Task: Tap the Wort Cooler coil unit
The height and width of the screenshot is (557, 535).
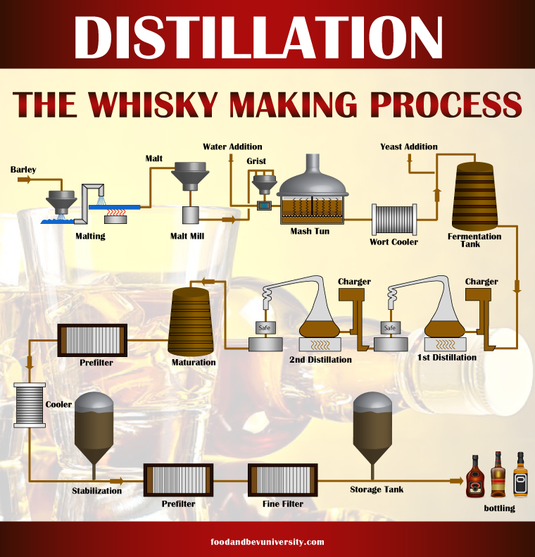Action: tap(394, 219)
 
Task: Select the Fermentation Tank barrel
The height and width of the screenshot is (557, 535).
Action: tap(474, 196)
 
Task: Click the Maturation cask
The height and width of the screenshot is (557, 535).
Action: tap(190, 322)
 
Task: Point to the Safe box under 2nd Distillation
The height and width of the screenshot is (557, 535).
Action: tap(265, 327)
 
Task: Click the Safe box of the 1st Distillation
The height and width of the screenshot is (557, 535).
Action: tap(390, 327)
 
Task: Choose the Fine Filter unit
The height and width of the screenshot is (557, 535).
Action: tap(282, 480)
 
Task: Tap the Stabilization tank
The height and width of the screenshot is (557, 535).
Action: tap(94, 430)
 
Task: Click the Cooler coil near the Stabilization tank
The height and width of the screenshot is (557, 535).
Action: tap(30, 405)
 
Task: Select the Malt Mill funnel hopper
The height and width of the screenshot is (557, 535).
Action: tap(190, 176)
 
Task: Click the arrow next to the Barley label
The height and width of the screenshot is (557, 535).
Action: tap(24, 180)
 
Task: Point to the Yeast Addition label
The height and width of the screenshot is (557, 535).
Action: tap(408, 146)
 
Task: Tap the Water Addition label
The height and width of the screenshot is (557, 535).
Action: tap(232, 146)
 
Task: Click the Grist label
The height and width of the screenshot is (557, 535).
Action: tap(256, 161)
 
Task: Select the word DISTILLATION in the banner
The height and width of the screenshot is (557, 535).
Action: tap(258, 37)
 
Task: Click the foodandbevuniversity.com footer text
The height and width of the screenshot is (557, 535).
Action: tap(267, 542)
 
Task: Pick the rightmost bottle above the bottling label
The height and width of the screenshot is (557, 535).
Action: tap(520, 474)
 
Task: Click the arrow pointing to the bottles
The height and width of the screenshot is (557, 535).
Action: tap(456, 481)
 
